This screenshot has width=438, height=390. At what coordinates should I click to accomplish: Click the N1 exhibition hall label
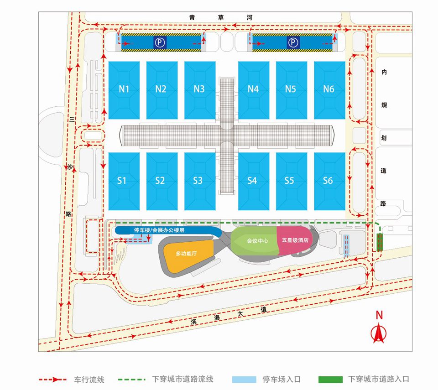[124, 89]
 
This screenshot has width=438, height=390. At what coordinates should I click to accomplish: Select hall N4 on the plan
[253, 89]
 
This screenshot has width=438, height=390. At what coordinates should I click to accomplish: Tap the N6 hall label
[328, 89]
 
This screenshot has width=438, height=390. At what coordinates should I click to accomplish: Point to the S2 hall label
[160, 181]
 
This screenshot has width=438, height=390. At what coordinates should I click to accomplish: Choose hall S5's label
[289, 181]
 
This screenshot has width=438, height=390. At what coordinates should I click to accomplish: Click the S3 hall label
[198, 181]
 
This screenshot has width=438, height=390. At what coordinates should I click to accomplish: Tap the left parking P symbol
[160, 43]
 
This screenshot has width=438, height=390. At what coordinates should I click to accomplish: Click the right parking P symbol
[293, 43]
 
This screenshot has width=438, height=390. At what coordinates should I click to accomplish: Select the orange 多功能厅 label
[186, 254]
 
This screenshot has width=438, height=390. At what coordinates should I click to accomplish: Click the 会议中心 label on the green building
[257, 240]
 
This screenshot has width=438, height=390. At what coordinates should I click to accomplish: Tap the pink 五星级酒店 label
[295, 240]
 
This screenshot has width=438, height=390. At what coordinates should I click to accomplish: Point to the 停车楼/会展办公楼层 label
[159, 230]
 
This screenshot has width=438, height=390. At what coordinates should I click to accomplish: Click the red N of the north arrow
[379, 315]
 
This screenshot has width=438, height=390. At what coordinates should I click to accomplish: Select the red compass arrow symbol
[379, 333]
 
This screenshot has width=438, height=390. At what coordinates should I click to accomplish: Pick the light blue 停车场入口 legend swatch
[244, 380]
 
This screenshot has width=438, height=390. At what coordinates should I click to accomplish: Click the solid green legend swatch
[330, 380]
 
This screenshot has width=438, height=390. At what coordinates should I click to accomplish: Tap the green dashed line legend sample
[131, 380]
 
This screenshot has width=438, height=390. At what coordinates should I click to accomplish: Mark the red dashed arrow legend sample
[53, 380]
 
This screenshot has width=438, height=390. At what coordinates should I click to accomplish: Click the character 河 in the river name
[250, 18]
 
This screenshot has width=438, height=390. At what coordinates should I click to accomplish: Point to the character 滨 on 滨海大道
[194, 322]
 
